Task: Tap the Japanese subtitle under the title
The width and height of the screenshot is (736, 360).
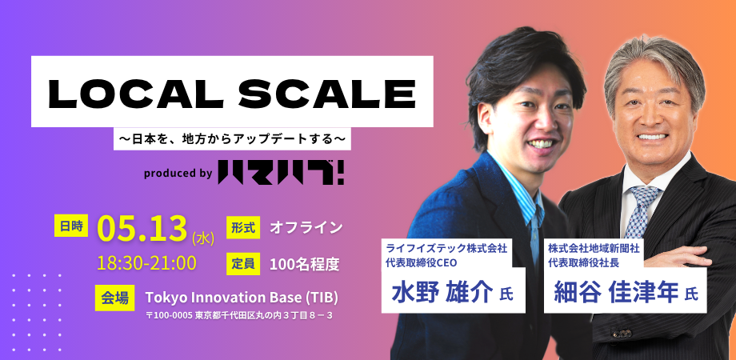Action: pyautogui.click(x=232, y=139)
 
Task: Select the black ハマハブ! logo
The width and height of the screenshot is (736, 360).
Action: pyautogui.click(x=281, y=173)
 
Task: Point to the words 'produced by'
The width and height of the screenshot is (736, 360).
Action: pyautogui.click(x=178, y=174)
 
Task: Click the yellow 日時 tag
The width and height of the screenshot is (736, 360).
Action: pyautogui.click(x=71, y=226)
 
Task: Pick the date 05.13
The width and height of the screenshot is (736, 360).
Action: pyautogui.click(x=142, y=229)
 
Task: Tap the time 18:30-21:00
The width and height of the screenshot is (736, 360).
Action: pyautogui.click(x=146, y=263)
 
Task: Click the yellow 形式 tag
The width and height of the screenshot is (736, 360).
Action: pyautogui.click(x=243, y=228)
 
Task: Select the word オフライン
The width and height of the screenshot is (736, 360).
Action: pyautogui.click(x=306, y=228)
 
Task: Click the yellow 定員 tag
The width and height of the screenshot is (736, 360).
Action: pyautogui.click(x=243, y=264)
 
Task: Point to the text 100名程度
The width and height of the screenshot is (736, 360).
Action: pyautogui.click(x=305, y=265)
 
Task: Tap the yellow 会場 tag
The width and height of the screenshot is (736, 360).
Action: pyautogui.click(x=115, y=298)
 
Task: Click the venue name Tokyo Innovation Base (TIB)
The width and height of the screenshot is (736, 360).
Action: pyautogui.click(x=242, y=298)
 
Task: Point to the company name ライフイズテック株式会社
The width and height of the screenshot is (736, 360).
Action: pyautogui.click(x=447, y=246)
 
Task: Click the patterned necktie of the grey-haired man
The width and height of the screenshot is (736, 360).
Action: pyautogui.click(x=641, y=211)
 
